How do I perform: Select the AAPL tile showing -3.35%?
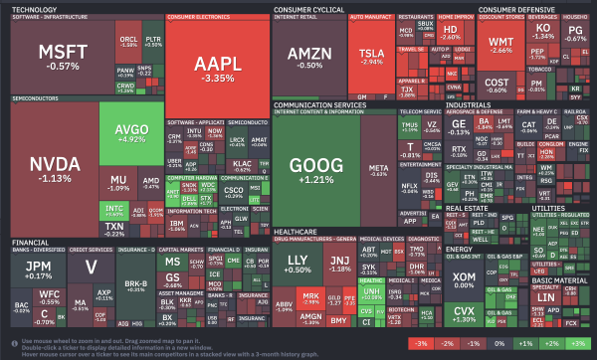[217, 67]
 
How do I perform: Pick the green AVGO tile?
[130, 133]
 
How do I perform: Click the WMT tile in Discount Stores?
[500, 45]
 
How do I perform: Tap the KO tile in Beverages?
[542, 30]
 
